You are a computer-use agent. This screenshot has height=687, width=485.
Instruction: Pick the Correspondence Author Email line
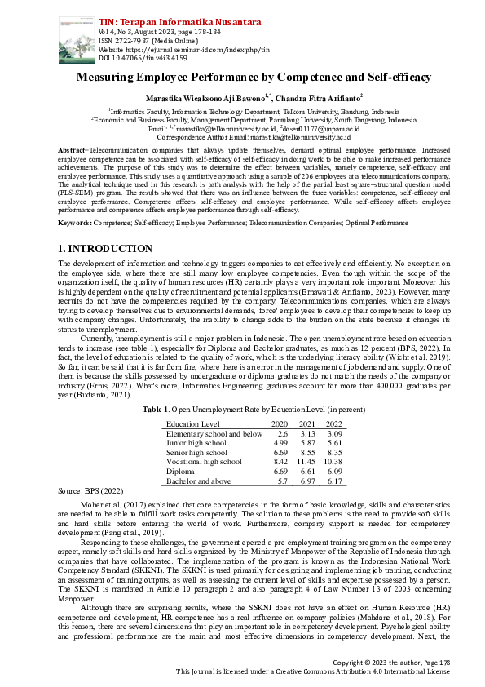point(242,136)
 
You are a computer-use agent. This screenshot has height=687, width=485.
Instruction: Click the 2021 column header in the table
point(306,424)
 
